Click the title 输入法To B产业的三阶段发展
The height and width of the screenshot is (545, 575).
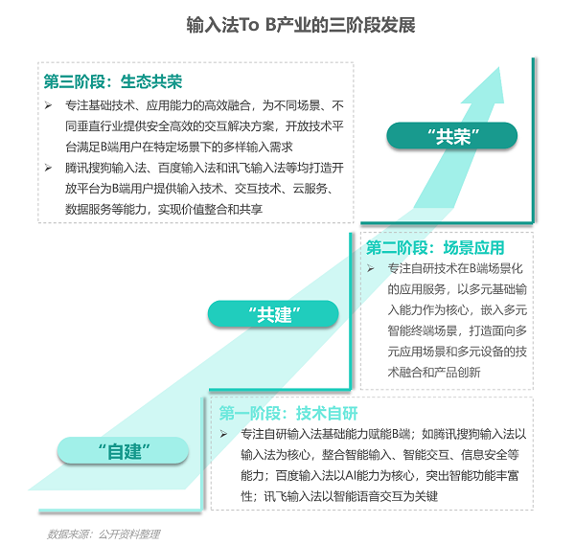coord(301,25)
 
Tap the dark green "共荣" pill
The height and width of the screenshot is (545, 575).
coord(451,136)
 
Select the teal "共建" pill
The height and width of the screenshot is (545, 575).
coord(273,314)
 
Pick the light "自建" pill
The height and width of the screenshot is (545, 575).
coord(123,450)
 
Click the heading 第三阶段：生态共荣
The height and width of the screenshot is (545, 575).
coord(113,81)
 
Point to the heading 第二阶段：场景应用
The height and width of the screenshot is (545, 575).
coord(435,248)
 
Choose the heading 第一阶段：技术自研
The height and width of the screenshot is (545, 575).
coord(288,413)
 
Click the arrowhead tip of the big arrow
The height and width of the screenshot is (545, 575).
coord(499,67)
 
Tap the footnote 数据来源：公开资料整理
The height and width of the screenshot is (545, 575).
coord(103,534)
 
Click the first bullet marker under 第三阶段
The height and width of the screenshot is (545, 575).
coord(48,105)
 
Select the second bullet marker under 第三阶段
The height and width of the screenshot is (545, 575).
coord(48,168)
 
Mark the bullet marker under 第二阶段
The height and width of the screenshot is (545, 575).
coord(370,268)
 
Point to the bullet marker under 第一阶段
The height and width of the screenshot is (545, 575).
coord(223,434)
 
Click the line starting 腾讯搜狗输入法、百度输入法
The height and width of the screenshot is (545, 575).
coord(204,168)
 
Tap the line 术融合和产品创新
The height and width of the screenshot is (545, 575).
coord(434,373)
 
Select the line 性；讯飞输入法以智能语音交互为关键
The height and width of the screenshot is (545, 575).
coord(339,496)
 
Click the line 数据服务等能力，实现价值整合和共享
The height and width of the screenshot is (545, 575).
coord(164,209)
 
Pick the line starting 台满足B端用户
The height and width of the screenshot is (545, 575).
coord(178,147)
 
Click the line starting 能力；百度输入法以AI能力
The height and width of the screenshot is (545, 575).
coord(379,476)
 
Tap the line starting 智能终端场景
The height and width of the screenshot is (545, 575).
coord(457,331)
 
